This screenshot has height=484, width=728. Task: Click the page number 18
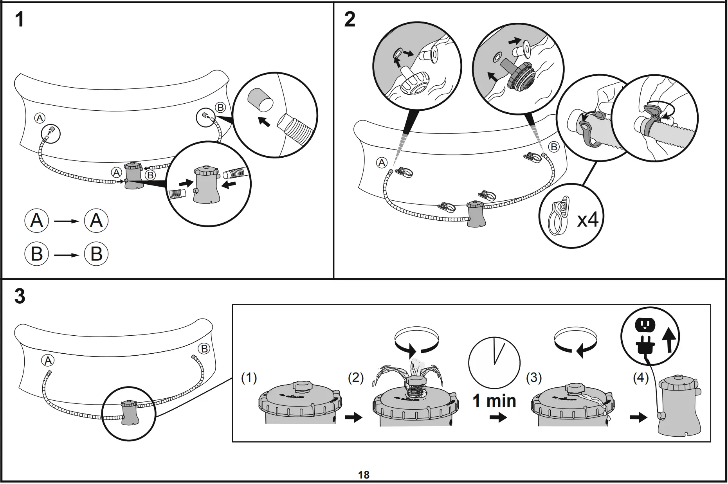[x=364, y=475]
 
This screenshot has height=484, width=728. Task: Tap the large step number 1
[x=19, y=20]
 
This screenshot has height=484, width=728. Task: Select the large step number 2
[x=350, y=20]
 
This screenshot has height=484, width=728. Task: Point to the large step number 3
[x=20, y=297]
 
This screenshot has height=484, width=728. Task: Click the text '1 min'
[x=494, y=401]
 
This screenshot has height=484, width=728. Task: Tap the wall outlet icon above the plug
[x=644, y=324]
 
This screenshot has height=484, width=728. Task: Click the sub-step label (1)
[x=249, y=378]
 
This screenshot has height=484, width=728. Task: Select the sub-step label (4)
[x=641, y=378]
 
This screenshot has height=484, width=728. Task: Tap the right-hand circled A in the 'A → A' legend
[x=96, y=221]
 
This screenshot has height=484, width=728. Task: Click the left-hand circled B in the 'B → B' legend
[x=36, y=254]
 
